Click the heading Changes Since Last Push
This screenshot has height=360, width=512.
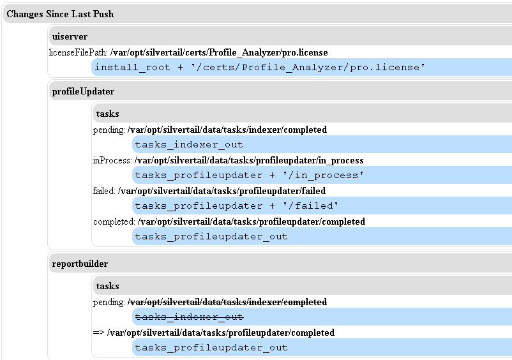(x=60, y=14)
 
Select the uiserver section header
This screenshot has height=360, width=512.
(x=70, y=37)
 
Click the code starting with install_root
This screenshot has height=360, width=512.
(x=260, y=67)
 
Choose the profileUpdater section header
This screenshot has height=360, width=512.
(x=83, y=91)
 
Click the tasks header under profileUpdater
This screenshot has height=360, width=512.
(x=107, y=114)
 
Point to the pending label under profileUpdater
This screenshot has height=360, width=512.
(x=109, y=130)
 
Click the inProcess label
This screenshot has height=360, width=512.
(x=112, y=160)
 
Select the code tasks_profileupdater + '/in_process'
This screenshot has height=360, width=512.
(x=249, y=176)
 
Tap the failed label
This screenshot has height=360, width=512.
(x=104, y=191)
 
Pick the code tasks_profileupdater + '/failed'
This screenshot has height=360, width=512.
(x=236, y=206)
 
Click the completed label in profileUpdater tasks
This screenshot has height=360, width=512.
(x=114, y=221)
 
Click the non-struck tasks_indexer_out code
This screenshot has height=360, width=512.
(x=189, y=145)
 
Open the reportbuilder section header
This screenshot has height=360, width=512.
(x=80, y=264)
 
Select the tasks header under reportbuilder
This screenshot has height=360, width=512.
(x=107, y=286)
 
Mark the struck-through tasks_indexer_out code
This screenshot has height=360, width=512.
(x=189, y=317)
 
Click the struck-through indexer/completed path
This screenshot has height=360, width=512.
(x=227, y=302)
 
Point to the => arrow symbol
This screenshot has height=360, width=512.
(x=99, y=333)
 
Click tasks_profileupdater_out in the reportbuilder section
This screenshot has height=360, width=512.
(x=211, y=348)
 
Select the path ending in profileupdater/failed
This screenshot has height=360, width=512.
(x=222, y=191)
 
